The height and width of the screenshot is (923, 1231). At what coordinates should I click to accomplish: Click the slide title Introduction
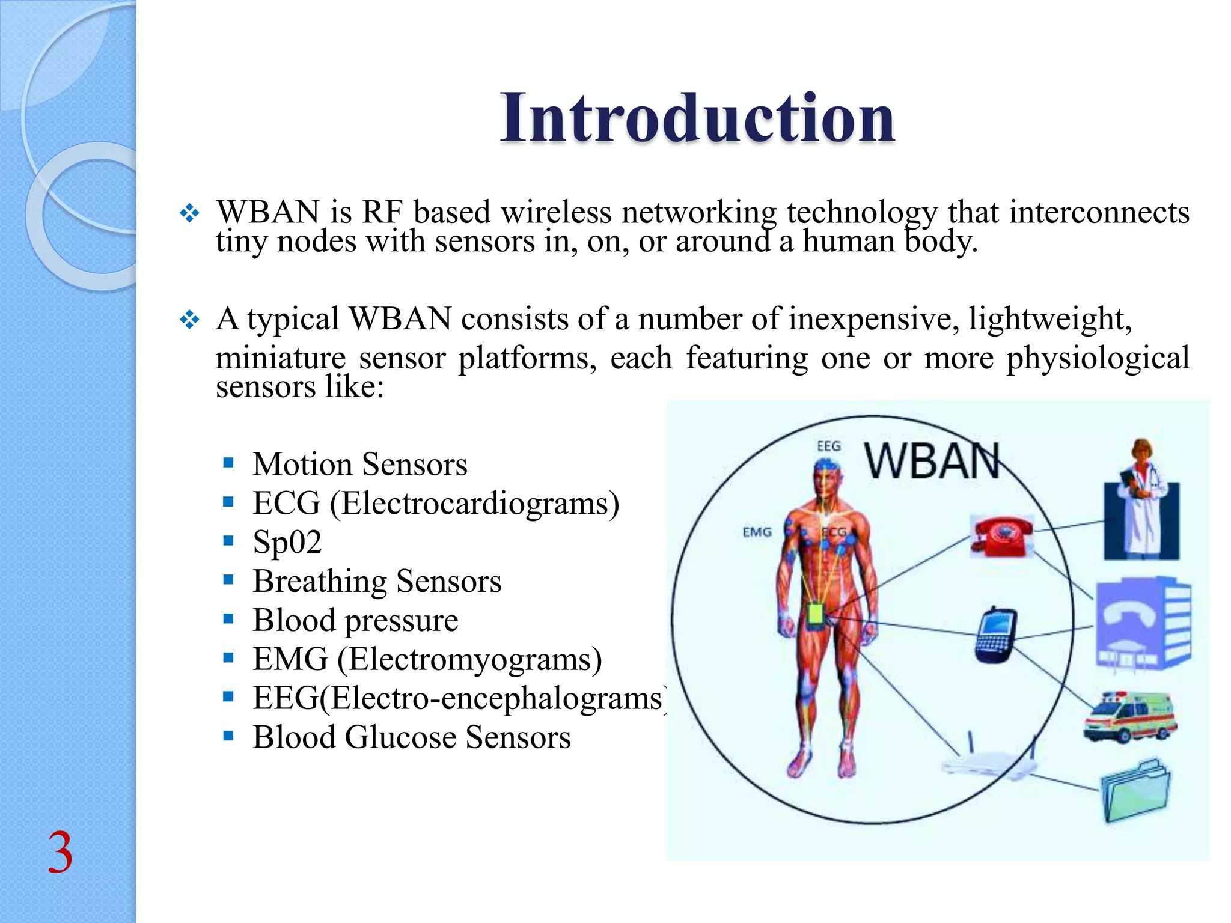pos(697,118)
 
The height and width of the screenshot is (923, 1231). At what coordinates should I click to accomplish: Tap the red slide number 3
pos(60,852)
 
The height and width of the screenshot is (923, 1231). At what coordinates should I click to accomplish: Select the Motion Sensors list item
pos(359,464)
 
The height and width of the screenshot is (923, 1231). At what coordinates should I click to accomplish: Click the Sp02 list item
pos(287,542)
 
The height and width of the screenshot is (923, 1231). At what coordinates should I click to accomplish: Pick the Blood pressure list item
pos(355,620)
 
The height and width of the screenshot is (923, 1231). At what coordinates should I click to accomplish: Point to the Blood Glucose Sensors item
pos(411,737)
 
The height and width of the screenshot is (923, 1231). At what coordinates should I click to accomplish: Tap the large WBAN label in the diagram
pos(932,461)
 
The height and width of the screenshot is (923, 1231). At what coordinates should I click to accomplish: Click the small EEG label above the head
pos(828,446)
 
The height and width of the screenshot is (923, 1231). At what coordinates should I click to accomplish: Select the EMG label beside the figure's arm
pos(757,532)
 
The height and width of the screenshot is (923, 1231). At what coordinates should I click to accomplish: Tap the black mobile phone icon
pos(995,635)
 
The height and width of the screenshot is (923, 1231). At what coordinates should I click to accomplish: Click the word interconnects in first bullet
pos(1099,212)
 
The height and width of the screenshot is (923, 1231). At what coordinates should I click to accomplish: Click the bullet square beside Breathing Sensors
pos(228,580)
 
